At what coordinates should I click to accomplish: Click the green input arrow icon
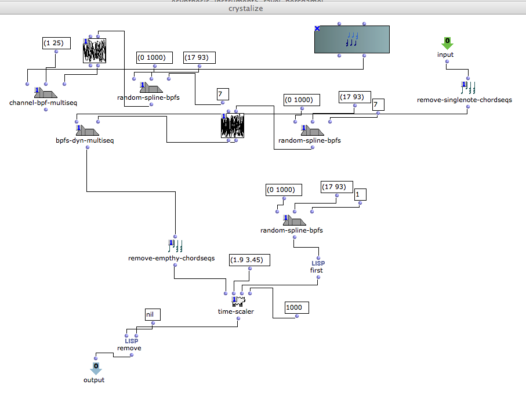[x=446, y=42]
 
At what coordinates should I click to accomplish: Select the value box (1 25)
[x=57, y=43]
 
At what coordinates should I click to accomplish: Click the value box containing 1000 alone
[x=296, y=307]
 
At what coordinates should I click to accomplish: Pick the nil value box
[x=152, y=314]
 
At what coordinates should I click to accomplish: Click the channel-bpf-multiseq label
[x=43, y=103]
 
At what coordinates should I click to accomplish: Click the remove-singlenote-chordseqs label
[x=465, y=100]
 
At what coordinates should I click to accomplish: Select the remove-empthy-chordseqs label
[x=171, y=258]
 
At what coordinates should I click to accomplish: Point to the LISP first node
[x=317, y=266]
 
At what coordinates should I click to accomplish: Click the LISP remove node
[x=129, y=344]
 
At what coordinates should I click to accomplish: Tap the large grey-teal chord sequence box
[x=351, y=39]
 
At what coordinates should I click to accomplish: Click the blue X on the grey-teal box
[x=317, y=28]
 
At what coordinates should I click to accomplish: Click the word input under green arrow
[x=445, y=55]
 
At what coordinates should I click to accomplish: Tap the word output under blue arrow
[x=95, y=380]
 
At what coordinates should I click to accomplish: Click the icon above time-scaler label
[x=237, y=302]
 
